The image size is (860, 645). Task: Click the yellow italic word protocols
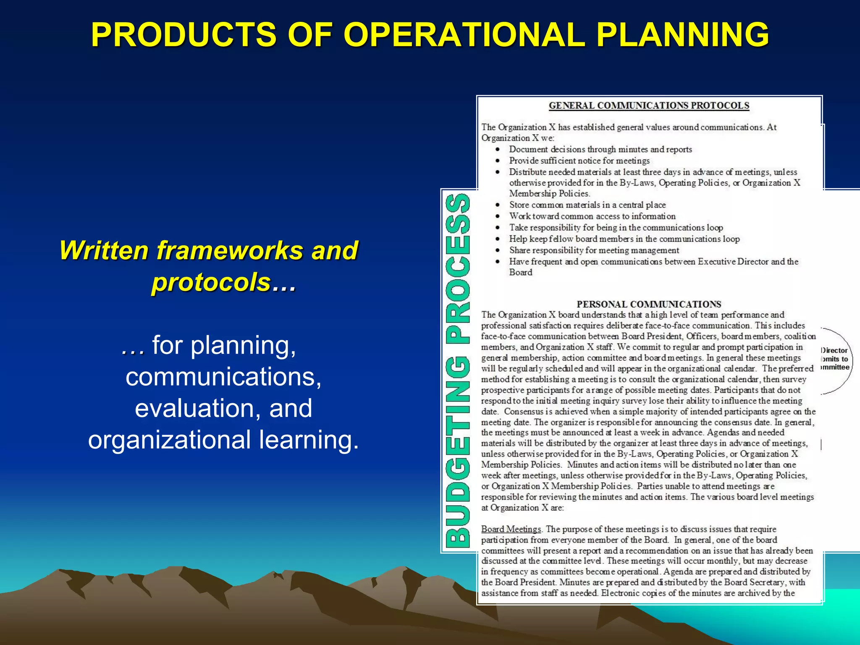211,282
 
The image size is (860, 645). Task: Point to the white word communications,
223,377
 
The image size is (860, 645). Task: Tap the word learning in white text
309,440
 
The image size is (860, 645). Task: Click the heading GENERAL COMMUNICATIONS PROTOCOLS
649,105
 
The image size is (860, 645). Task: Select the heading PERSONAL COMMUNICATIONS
649,304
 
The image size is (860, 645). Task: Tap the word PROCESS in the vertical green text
458,269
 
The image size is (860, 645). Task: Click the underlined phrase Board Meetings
511,529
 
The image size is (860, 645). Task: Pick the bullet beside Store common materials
498,205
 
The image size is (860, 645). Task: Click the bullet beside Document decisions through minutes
498,149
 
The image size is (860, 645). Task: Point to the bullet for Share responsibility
498,250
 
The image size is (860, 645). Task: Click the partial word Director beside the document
834,350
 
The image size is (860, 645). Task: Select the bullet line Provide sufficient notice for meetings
579,160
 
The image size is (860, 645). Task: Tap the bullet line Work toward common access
592,216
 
